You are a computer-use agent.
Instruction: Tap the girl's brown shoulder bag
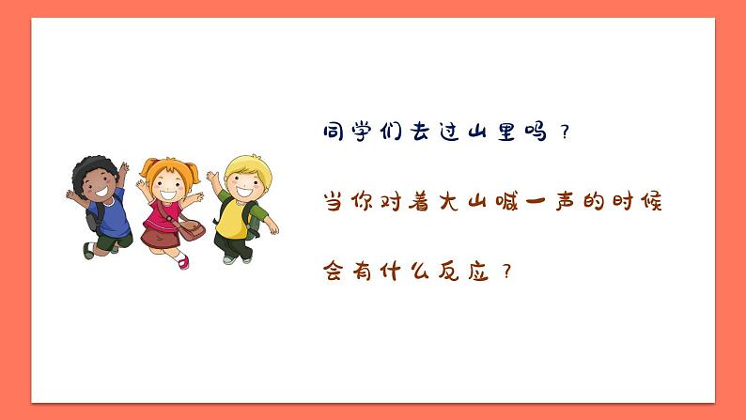click(x=192, y=231)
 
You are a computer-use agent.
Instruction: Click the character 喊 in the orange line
click(x=536, y=202)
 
